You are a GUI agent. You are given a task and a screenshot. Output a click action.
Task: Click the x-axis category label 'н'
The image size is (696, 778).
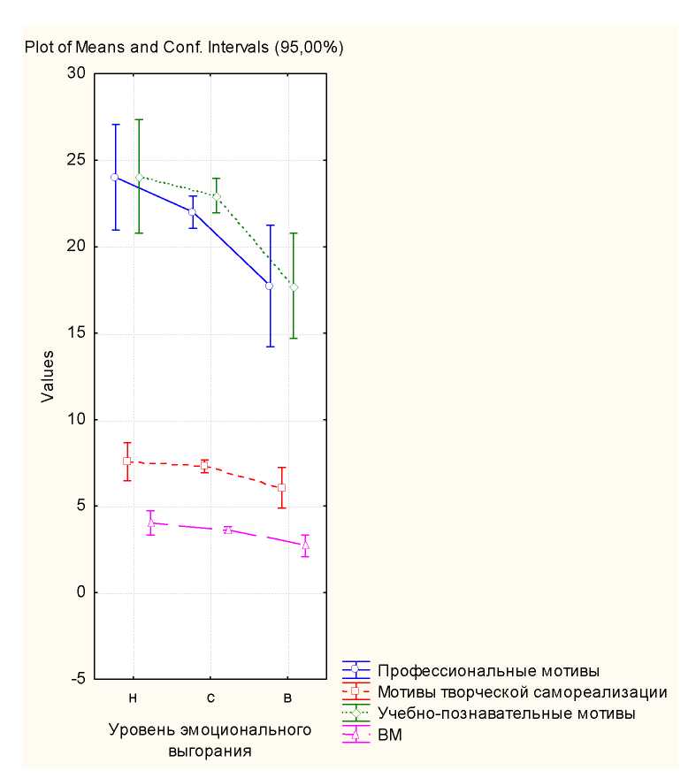[x=133, y=698]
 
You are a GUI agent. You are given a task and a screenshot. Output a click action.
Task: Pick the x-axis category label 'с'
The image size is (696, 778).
[x=210, y=698]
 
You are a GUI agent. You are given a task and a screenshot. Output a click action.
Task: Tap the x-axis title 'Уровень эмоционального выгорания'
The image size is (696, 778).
[x=210, y=741]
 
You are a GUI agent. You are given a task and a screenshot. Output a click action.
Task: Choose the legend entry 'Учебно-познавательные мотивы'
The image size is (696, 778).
[x=506, y=712]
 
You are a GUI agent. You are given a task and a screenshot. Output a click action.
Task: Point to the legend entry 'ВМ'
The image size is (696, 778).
[x=389, y=734]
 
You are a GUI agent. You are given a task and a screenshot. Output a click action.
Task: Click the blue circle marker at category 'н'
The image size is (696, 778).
[x=115, y=177]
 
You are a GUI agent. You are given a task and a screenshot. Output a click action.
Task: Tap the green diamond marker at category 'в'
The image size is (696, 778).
[x=294, y=287]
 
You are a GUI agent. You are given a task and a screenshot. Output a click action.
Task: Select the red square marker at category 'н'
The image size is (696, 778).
[x=127, y=461]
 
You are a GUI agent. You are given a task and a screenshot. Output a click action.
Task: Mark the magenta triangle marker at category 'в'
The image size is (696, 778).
[x=305, y=545]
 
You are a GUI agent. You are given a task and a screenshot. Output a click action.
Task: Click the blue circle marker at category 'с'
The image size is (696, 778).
[x=192, y=212]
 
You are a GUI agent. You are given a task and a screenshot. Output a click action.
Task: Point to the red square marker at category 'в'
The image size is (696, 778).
[x=281, y=487]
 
